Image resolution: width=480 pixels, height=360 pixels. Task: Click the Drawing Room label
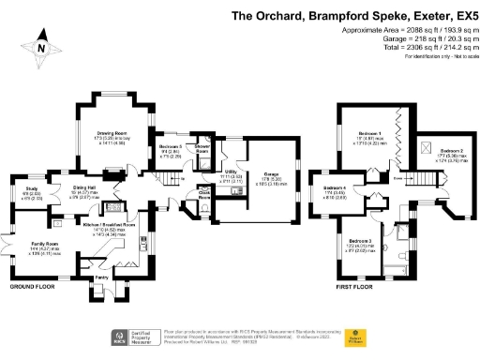point(112,134)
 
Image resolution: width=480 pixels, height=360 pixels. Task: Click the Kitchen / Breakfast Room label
point(117,225)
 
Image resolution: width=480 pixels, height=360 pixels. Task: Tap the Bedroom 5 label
point(170,148)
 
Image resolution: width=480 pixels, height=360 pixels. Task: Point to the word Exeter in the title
point(427,16)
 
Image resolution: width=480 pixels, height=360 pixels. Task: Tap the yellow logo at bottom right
point(355,337)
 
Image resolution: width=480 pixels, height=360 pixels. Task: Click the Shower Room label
point(202,148)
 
